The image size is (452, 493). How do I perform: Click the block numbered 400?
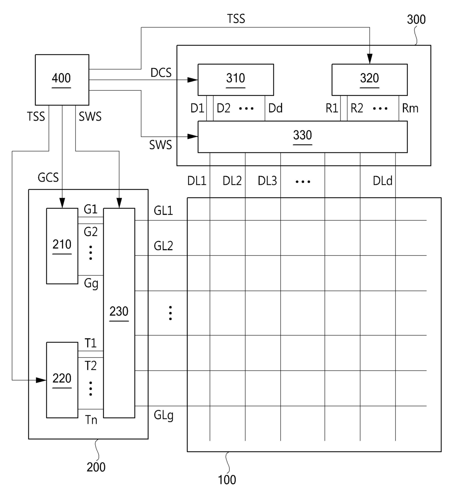[x=62, y=79]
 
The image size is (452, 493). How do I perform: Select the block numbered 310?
[x=235, y=79]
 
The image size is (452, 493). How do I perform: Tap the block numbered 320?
[x=369, y=79]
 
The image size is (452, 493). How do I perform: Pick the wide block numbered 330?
[x=302, y=136]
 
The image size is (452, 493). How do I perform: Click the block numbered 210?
[x=62, y=245]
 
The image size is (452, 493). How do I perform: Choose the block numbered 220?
[x=62, y=380]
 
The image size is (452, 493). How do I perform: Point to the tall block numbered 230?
[x=119, y=313]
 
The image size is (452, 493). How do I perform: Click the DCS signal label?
[x=161, y=73]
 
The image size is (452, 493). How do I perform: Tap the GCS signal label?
[x=48, y=178]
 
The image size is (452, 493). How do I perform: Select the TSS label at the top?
[x=236, y=19]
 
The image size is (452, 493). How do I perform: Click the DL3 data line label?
[x=267, y=181]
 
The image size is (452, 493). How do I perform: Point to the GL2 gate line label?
[x=163, y=246]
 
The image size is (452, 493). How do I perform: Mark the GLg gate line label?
[x=163, y=415]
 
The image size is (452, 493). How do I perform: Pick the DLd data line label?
[x=382, y=181]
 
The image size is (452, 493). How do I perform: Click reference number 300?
[x=416, y=19]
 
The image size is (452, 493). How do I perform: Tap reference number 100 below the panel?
[x=227, y=480]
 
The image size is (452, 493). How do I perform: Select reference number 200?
[x=96, y=467]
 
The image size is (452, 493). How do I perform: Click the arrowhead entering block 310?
[x=193, y=80]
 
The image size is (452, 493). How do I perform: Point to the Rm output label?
[x=410, y=108]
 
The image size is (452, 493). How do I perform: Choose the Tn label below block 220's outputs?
[x=91, y=420]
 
